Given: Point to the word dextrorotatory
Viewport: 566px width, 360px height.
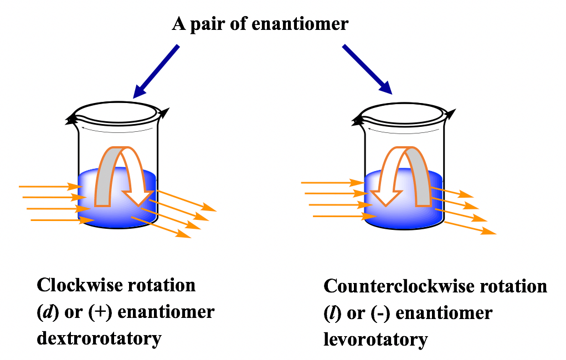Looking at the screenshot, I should click(99, 337).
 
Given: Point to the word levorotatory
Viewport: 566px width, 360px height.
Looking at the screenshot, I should click(375, 339).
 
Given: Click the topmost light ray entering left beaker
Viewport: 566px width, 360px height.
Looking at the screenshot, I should click(50, 187).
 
